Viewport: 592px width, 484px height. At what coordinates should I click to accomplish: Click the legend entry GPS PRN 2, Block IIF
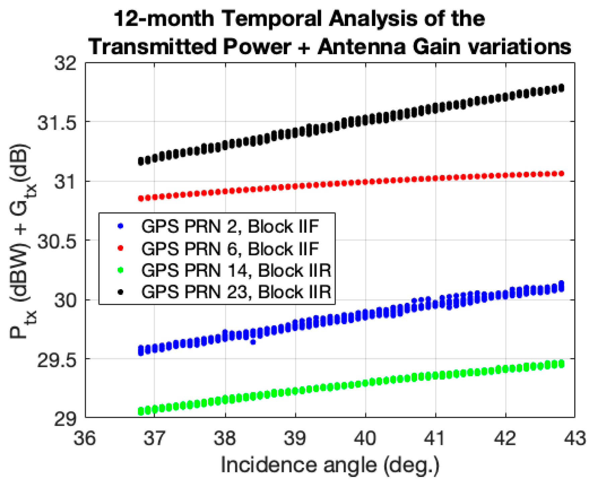(x=230, y=227)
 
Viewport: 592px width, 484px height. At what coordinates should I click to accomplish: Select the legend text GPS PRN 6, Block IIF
(x=230, y=249)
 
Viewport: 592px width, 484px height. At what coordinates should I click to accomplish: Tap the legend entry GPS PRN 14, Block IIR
(x=236, y=270)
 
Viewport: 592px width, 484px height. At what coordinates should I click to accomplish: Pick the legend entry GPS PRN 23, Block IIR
(x=236, y=292)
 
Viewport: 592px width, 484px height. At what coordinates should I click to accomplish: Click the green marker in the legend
(x=121, y=270)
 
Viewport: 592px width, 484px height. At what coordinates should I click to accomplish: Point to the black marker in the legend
(x=121, y=292)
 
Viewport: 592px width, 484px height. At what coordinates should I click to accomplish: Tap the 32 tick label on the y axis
(x=65, y=63)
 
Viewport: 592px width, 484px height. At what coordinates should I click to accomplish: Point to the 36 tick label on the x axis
(x=85, y=438)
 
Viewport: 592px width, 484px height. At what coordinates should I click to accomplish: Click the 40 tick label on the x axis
(x=365, y=438)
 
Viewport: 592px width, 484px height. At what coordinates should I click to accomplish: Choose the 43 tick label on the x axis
(x=575, y=438)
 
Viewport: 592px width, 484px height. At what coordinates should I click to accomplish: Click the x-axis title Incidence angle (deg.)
(x=330, y=465)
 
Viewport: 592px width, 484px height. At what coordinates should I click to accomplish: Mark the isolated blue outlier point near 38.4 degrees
(x=253, y=342)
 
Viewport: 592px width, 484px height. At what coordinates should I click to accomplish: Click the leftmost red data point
(x=141, y=198)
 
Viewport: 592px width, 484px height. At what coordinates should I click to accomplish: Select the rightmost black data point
(x=562, y=88)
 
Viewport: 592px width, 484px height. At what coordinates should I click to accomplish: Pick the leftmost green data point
(x=141, y=411)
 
